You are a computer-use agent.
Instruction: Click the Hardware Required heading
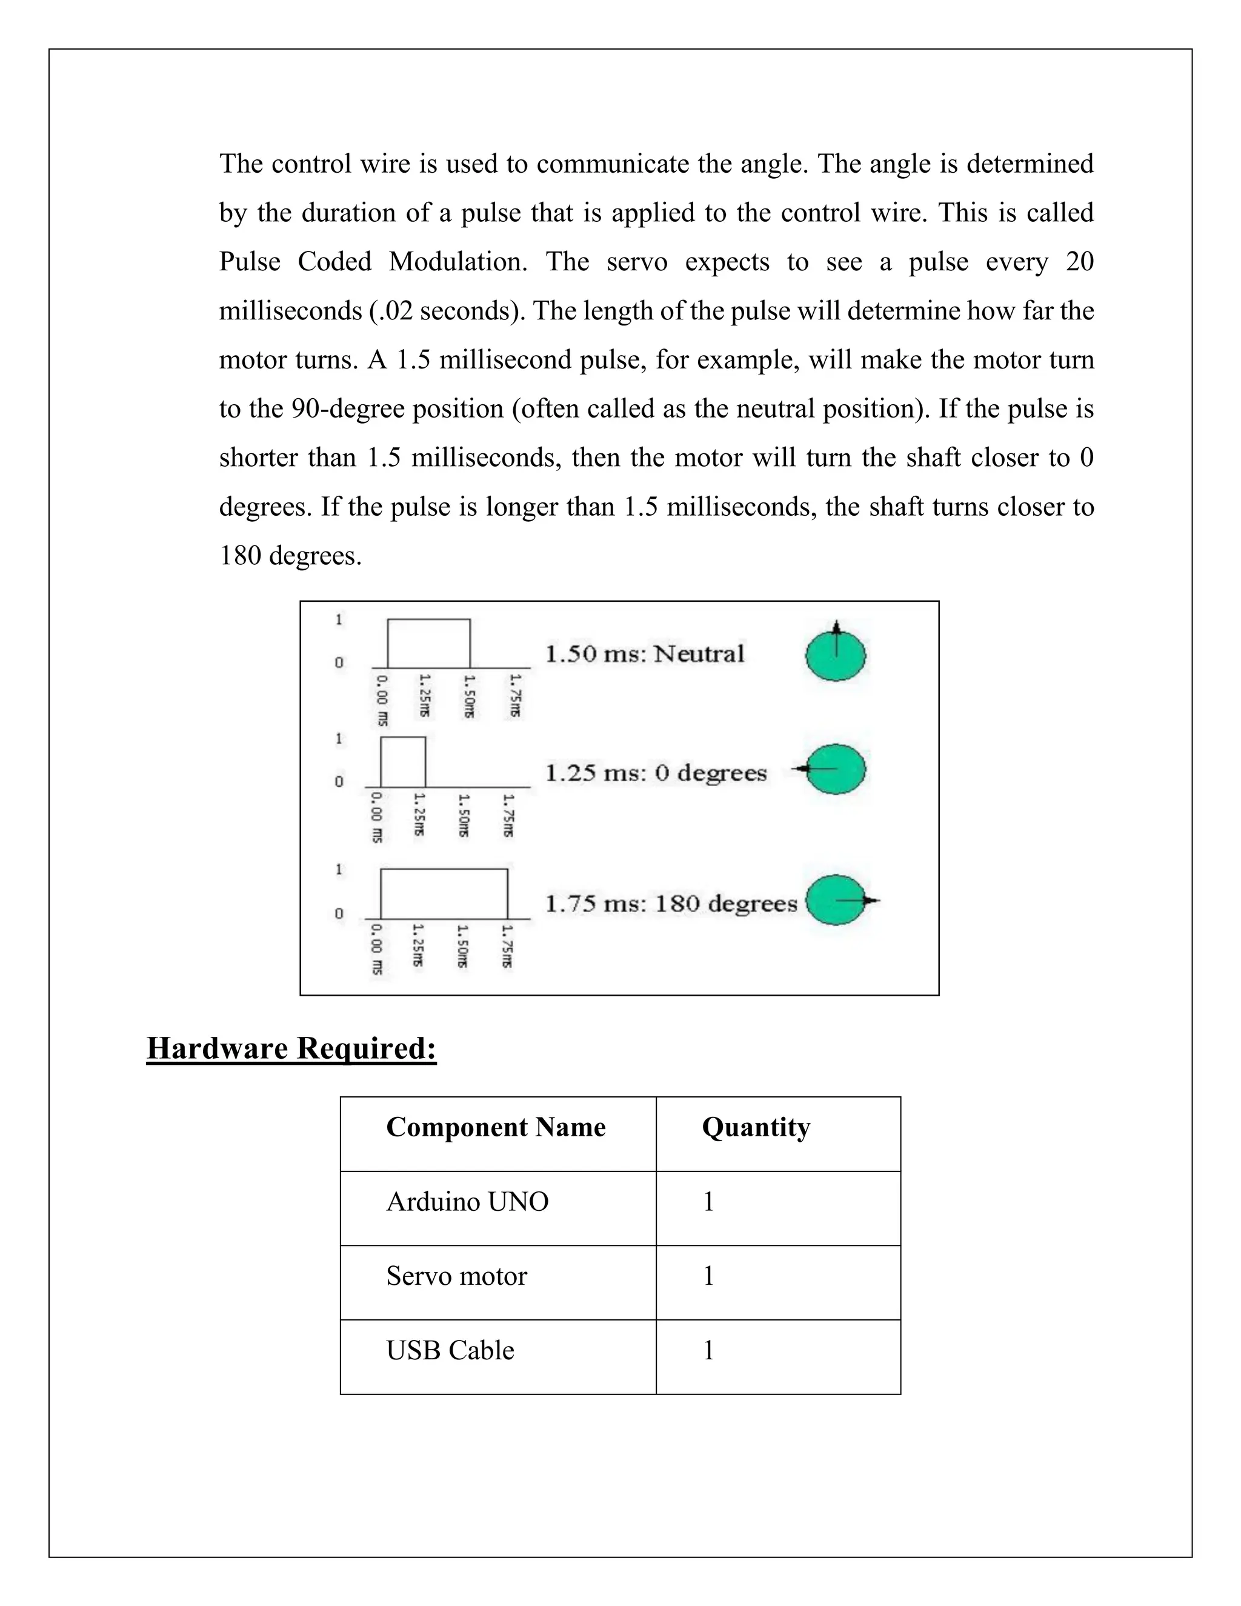point(291,1048)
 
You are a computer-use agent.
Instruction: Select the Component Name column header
point(496,1127)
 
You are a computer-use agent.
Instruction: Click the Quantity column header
point(756,1127)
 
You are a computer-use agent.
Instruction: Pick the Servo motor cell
point(456,1276)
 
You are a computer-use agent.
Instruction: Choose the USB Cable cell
point(450,1350)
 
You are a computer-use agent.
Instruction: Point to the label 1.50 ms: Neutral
point(645,654)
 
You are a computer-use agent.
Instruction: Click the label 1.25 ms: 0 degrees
point(656,773)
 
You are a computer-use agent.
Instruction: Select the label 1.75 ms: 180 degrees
point(671,904)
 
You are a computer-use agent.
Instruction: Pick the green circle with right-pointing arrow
point(836,900)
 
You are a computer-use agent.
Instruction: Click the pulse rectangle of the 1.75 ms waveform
point(444,894)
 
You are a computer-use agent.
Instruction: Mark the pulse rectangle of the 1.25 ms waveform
point(403,762)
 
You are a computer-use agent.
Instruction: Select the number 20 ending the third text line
point(1079,262)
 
